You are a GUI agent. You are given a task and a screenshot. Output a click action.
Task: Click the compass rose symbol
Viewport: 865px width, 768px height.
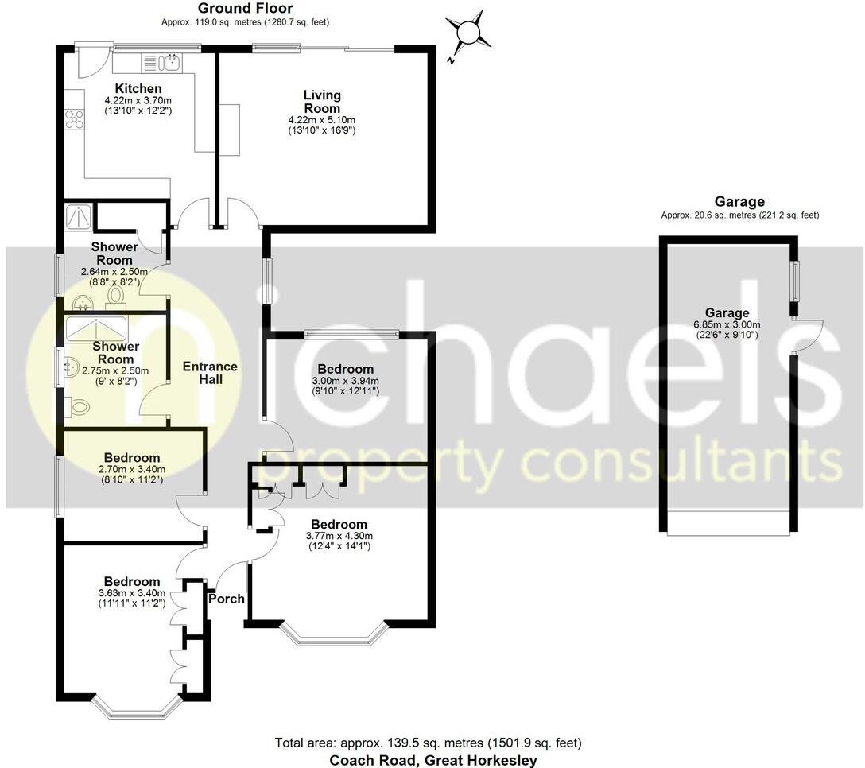469,33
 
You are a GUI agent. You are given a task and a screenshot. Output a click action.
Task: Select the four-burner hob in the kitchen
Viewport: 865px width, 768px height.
75,119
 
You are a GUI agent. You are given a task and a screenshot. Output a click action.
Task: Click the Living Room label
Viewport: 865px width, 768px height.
321,102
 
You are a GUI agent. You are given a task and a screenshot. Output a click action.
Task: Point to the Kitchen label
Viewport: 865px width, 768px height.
138,88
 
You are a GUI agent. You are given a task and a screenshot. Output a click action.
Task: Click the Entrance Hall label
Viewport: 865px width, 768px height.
210,373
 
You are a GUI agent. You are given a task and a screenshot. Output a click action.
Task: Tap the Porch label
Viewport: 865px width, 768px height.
226,599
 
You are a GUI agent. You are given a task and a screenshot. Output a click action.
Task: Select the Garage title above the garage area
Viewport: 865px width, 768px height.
739,202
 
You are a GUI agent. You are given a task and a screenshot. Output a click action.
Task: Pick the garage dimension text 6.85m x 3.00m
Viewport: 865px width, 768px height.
727,324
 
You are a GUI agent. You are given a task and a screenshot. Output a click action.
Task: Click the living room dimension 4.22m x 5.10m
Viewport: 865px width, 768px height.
321,120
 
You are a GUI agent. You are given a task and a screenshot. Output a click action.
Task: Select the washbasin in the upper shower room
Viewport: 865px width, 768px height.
83,303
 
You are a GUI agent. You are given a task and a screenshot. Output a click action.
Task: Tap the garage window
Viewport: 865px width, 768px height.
793,281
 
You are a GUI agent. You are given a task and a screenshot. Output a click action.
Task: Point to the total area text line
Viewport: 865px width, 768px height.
428,743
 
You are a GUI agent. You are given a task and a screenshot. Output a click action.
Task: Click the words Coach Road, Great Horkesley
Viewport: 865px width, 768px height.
433,760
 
